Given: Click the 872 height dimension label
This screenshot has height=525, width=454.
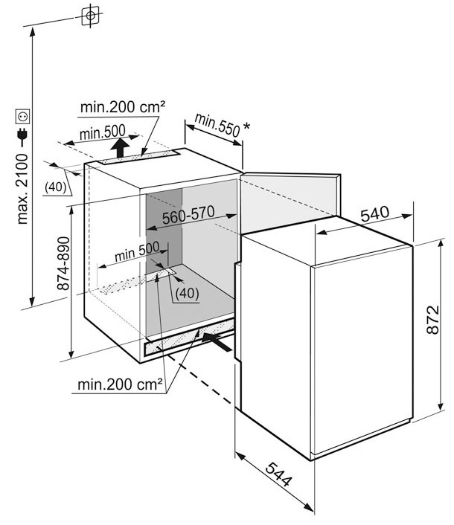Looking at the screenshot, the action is coord(432,320).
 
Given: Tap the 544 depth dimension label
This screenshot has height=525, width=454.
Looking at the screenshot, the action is coord(279,474).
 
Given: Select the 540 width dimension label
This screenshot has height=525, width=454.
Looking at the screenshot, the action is coord(375,214).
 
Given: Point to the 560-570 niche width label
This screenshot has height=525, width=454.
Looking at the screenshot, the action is coord(188,215).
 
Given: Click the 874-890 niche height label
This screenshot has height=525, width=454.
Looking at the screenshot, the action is coord(63,263).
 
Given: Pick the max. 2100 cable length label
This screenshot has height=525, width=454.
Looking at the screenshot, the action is coord(22,189).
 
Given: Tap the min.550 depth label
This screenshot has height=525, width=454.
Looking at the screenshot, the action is coord(217,125).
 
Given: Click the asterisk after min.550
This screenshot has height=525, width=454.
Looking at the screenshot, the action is coord(246,127).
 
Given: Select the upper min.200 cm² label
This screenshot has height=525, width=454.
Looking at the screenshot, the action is coord(123,107).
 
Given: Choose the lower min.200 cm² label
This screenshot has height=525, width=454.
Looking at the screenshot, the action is coord(120,384).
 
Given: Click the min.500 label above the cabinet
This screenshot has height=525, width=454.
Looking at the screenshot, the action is coord(103,132).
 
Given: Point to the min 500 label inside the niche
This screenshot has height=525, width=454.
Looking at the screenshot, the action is coord(137,251).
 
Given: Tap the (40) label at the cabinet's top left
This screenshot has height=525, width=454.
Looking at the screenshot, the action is coord(56,187).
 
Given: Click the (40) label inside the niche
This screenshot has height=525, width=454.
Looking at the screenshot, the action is coord(187,293).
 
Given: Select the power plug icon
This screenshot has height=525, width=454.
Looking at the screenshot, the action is coord(23,136).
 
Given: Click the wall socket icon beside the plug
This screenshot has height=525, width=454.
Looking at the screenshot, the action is coord(23,116).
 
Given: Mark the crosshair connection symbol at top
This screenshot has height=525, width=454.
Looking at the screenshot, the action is coord(90,16).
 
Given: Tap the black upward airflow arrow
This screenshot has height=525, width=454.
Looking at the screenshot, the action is coord(121,147).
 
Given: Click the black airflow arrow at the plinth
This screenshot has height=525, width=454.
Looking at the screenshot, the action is coord(217,341).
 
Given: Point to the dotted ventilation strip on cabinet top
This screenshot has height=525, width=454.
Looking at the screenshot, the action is coord(138,157).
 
